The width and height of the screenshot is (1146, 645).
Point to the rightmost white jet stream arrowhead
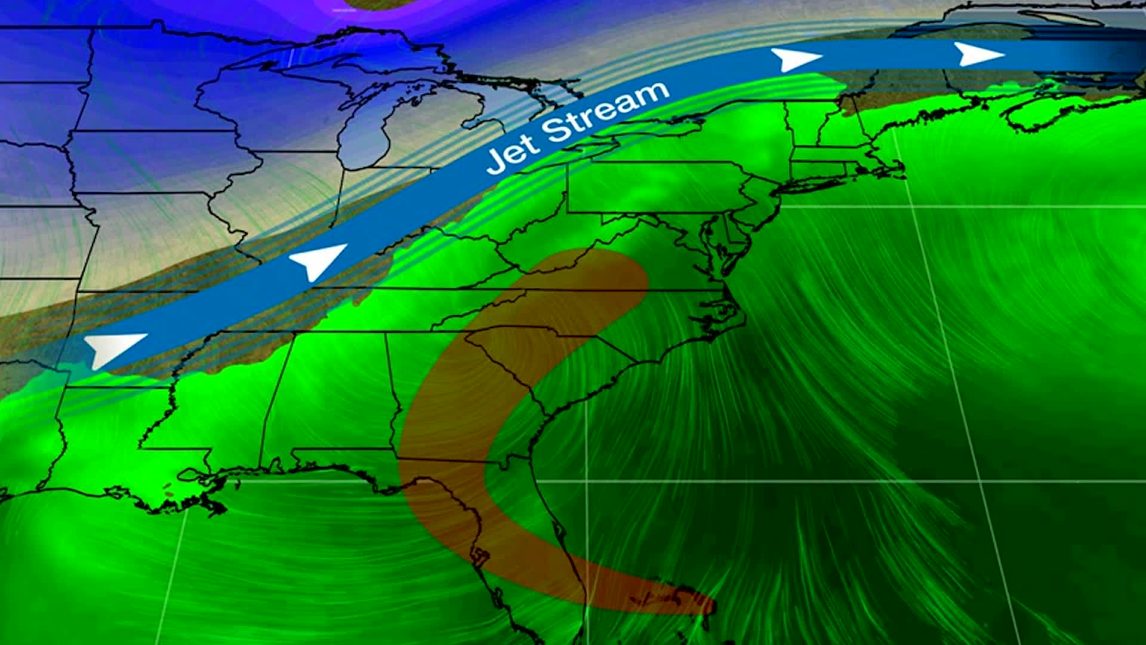click(x=979, y=54)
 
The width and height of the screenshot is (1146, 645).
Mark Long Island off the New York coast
click(x=812, y=183)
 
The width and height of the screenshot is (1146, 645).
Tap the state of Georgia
click(x=454, y=406)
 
